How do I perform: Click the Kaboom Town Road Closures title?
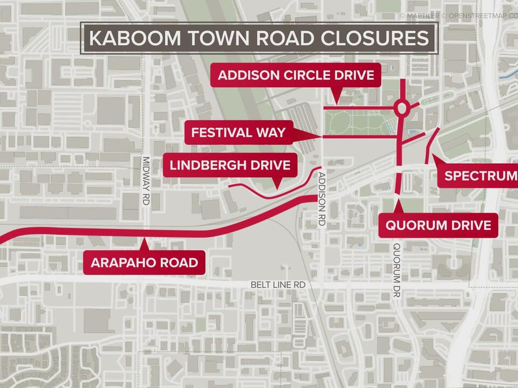(258, 38)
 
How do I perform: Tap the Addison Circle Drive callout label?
(296, 75)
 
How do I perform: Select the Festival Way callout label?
(238, 133)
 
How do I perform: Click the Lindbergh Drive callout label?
(234, 165)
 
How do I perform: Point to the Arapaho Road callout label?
(144, 263)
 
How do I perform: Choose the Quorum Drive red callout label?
(438, 225)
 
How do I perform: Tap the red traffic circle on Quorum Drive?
(401, 108)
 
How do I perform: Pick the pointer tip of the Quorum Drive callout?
(398, 200)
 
